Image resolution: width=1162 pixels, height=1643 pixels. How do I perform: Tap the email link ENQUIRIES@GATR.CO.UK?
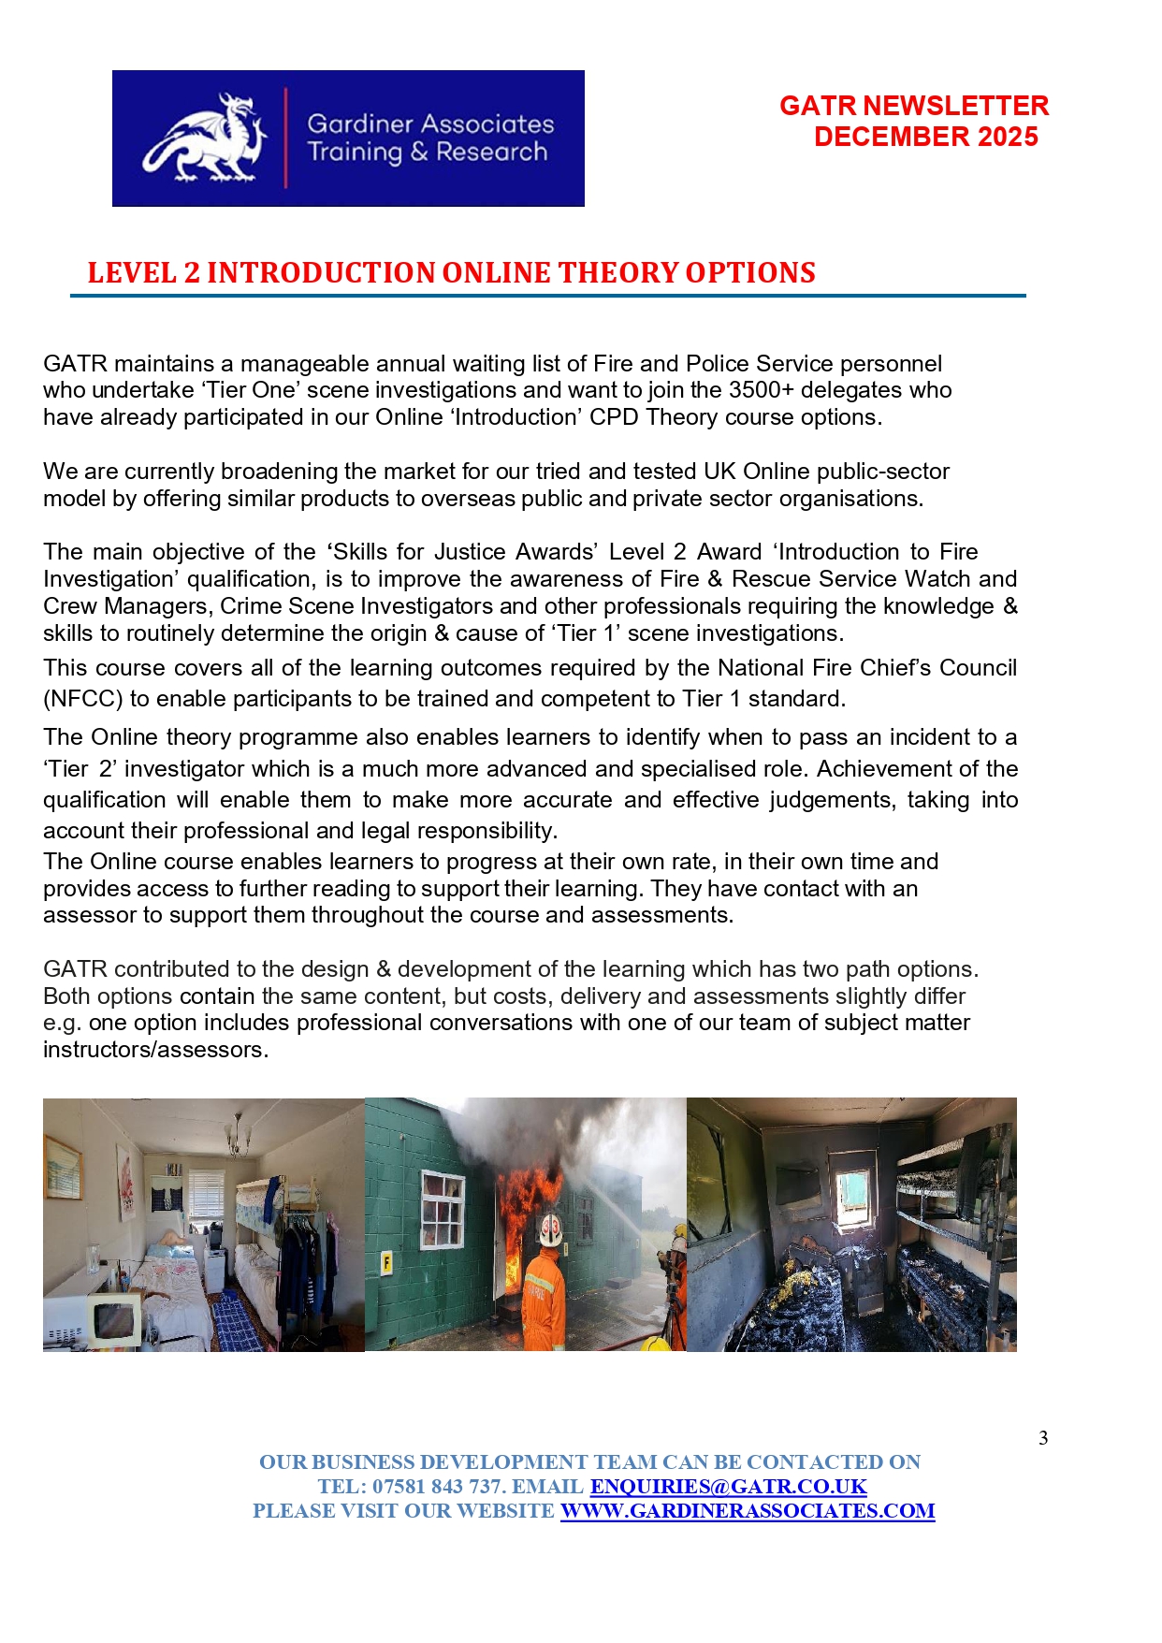pyautogui.click(x=728, y=1487)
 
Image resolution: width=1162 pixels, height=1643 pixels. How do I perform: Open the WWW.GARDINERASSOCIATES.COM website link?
pyautogui.click(x=747, y=1511)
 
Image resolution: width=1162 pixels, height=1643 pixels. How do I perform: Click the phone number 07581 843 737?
pyautogui.click(x=438, y=1487)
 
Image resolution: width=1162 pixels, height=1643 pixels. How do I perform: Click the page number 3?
pyautogui.click(x=1043, y=1438)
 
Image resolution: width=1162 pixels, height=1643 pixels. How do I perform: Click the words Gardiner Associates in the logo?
pyautogui.click(x=430, y=124)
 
